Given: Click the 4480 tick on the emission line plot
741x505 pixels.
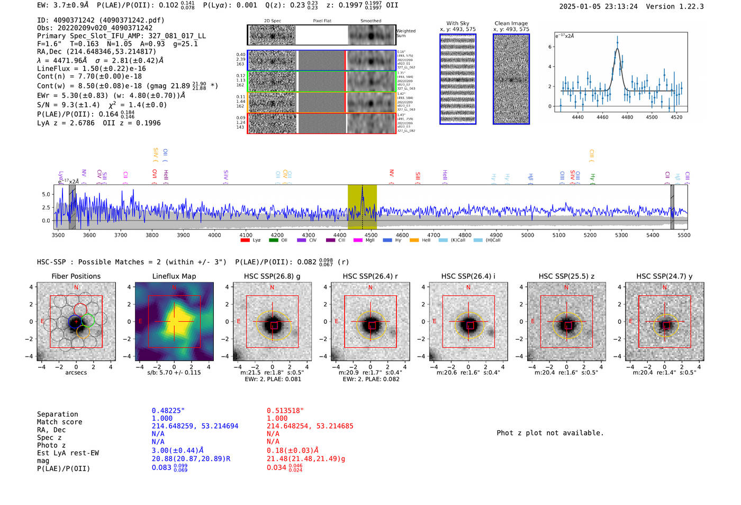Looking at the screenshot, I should [x=627, y=117].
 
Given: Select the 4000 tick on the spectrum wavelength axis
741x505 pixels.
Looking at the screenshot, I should [x=214, y=235].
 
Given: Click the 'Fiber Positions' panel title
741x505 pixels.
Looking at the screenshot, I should [x=76, y=276].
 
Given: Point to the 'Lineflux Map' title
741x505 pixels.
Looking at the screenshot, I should [x=174, y=276].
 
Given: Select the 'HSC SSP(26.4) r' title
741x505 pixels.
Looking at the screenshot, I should [x=370, y=276].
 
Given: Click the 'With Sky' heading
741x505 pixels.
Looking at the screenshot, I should [x=458, y=23].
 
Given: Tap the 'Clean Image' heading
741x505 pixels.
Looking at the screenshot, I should [x=511, y=23].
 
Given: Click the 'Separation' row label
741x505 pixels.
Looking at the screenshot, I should [x=57, y=414].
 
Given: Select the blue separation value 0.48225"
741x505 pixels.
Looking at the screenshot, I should [x=168, y=411].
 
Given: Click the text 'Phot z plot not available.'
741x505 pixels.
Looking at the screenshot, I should [x=550, y=433].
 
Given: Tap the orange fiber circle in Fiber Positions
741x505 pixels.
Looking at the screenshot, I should [x=83, y=332].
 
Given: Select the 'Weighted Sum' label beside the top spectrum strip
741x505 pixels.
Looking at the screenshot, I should [x=405, y=33].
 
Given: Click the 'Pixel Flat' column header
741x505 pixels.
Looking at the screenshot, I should [x=322, y=21].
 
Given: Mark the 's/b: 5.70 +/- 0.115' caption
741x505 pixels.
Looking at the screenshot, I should [x=174, y=373].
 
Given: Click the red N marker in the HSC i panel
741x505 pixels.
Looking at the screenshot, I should [x=468, y=287].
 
